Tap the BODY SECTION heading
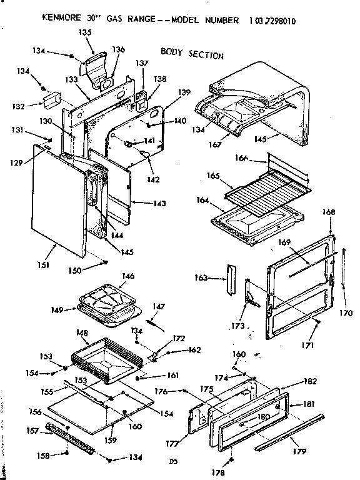[x=192, y=53]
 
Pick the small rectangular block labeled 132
[x=51, y=99]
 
